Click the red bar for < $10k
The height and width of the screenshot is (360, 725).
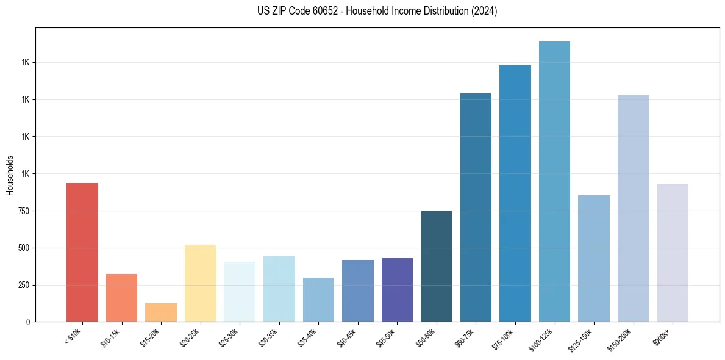82,252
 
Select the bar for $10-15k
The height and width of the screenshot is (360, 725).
121,298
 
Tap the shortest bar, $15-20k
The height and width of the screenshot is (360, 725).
161,312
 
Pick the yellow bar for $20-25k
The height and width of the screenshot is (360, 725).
200,283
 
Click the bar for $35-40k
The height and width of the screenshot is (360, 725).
318,300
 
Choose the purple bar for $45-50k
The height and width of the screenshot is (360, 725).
397,290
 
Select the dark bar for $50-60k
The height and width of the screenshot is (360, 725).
437,266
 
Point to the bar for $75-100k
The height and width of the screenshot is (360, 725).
515,193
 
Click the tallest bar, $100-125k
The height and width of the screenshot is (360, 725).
554,181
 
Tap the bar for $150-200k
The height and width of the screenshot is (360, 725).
633,208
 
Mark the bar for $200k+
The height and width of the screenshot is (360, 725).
672,253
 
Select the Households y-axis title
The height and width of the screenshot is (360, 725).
10,175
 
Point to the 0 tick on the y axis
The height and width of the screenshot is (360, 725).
28,322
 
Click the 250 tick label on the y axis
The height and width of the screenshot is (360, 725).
24,285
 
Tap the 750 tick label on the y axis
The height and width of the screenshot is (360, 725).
24,211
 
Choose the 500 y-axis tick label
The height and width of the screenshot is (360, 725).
24,248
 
